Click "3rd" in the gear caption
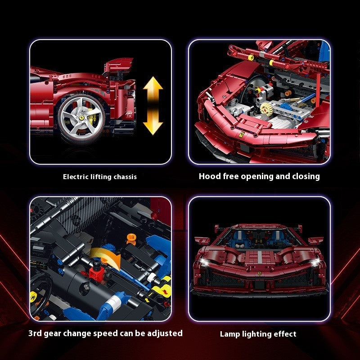pos(35,333)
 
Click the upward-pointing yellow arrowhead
pos(153,83)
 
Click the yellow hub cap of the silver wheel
pos(81,117)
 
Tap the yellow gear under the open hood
pos(266,109)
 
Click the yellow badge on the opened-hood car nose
pos(241,135)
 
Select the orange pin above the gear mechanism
pos(131,239)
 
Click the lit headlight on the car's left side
pos(204,262)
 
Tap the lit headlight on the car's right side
pos(315,262)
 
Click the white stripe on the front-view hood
pos(260,257)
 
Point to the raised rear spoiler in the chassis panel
pos(118,63)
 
